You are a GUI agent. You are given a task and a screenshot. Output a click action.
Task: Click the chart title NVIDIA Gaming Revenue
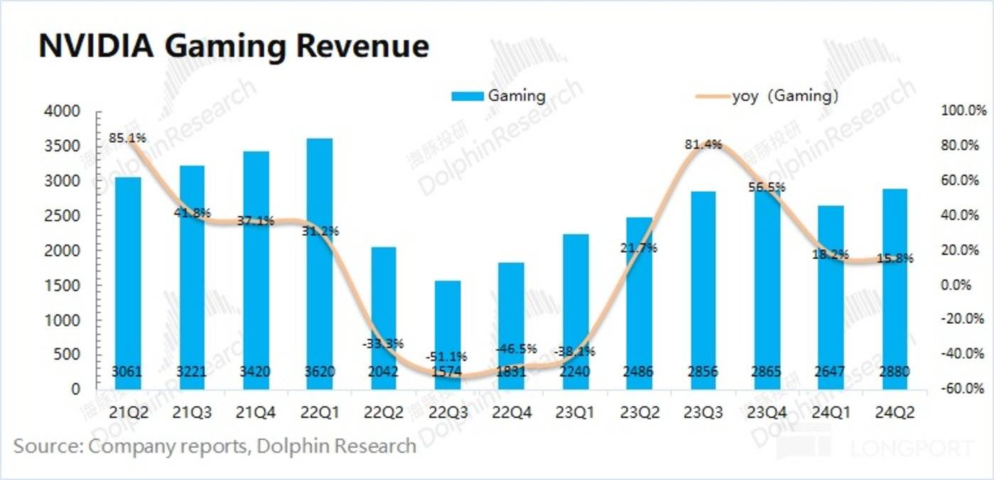pyautogui.click(x=233, y=46)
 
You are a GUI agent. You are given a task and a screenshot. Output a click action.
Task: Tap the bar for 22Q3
pyautogui.click(x=447, y=334)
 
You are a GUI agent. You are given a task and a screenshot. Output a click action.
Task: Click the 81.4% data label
pyautogui.click(x=703, y=144)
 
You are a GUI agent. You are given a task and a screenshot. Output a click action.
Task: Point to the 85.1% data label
pyautogui.click(x=128, y=138)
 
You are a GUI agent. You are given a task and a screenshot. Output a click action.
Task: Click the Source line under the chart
pyautogui.click(x=215, y=446)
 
